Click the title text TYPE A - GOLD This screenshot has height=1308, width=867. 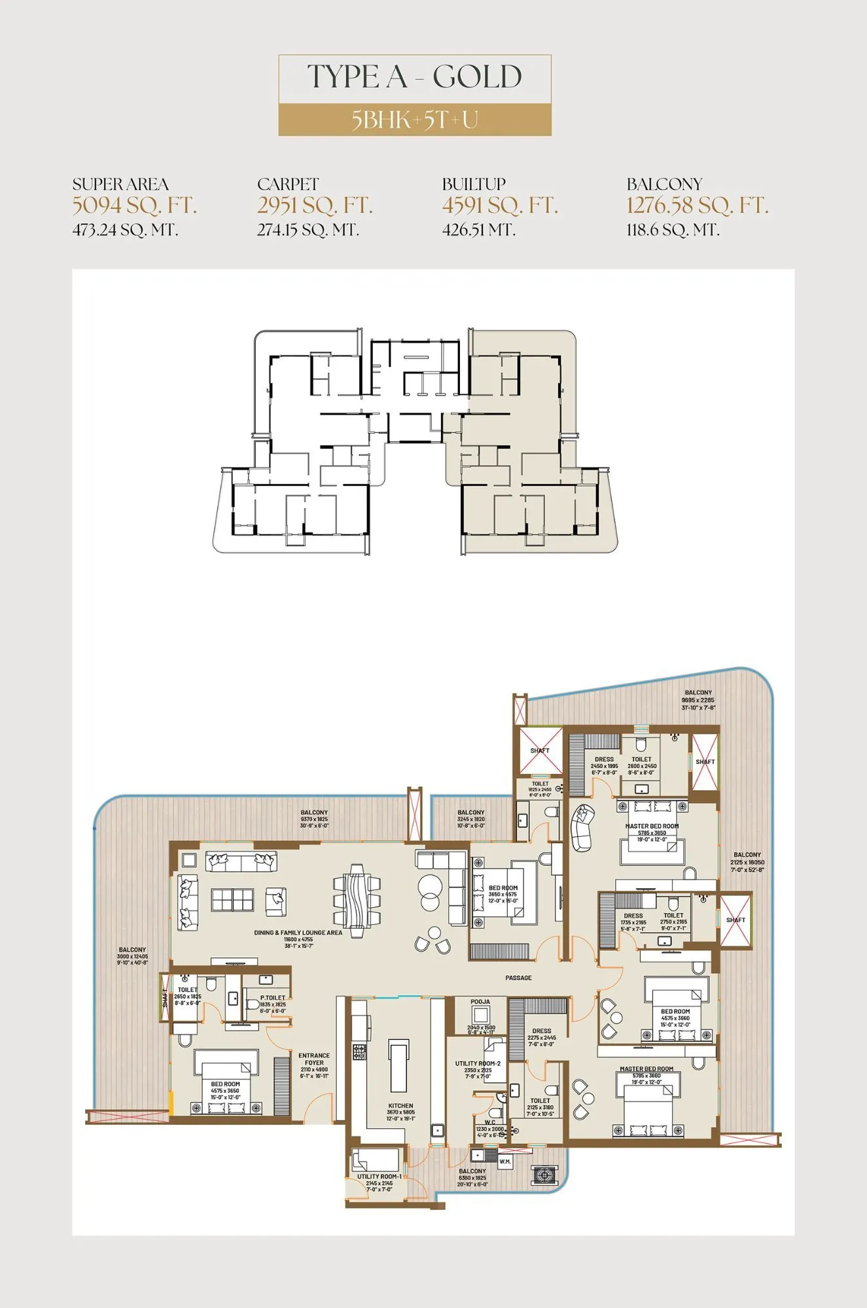415,77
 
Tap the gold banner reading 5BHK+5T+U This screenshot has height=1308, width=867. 415,120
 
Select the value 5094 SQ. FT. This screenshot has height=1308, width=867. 134,205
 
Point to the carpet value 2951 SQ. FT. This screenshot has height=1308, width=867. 315,205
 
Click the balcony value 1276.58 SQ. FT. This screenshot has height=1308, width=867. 697,205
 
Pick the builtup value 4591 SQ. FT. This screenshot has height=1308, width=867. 500,205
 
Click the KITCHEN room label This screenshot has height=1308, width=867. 400,1105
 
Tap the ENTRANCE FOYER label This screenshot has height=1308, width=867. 314,1059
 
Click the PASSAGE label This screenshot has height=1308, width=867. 518,978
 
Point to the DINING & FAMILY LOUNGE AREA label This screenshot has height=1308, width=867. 298,933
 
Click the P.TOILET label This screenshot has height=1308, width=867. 272,998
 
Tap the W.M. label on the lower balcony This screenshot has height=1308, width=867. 505,1162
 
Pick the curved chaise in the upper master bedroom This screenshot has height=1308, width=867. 581,827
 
